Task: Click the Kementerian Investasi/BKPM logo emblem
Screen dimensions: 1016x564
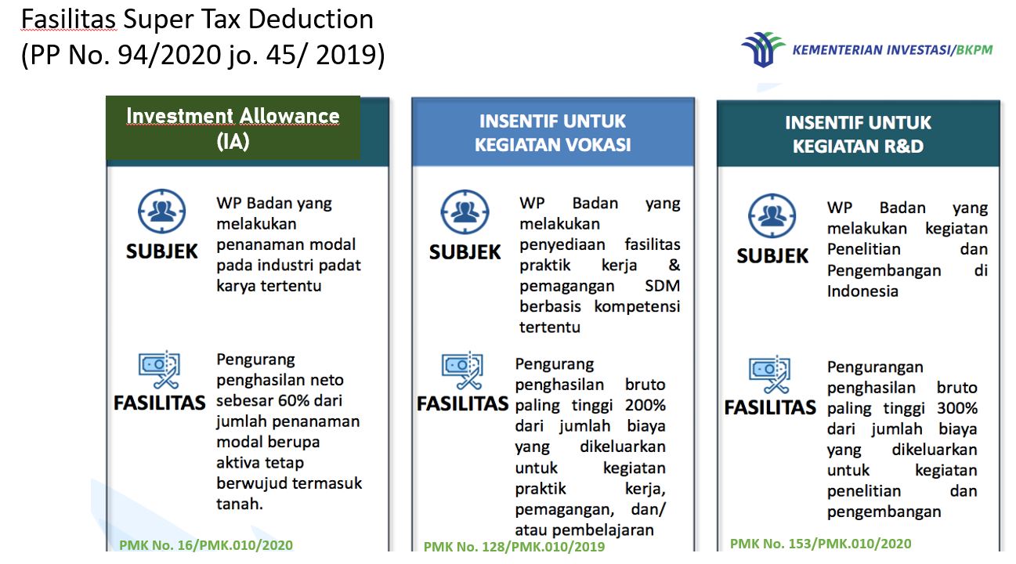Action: click(x=763, y=49)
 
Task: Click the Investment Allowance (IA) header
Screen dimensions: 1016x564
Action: click(x=233, y=128)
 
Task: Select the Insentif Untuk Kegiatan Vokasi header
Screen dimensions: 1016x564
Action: click(x=553, y=132)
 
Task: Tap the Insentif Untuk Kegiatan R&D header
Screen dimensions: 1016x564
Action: click(x=859, y=134)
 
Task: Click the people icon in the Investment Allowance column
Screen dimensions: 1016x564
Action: click(x=162, y=211)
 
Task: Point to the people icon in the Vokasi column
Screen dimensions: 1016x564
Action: click(x=465, y=212)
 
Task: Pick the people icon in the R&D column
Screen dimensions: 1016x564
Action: click(x=772, y=216)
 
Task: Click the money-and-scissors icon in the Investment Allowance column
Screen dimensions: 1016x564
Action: click(x=159, y=370)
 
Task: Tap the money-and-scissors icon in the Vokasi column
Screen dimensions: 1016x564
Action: click(x=462, y=371)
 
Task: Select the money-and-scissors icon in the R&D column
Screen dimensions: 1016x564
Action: click(x=770, y=374)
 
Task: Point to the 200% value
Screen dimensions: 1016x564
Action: click(x=645, y=405)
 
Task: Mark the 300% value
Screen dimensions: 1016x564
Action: click(x=957, y=408)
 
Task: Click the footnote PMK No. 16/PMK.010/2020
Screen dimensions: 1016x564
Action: click(x=206, y=545)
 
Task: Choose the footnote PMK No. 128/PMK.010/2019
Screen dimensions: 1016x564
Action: click(x=515, y=546)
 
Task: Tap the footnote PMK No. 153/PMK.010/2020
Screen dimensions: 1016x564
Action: click(x=820, y=544)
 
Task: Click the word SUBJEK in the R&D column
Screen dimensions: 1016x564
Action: click(x=772, y=256)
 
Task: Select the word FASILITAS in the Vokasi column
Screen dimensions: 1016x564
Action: click(x=463, y=404)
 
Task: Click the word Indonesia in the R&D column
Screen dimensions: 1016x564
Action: click(x=862, y=291)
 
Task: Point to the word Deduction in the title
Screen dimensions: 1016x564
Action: click(x=311, y=20)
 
